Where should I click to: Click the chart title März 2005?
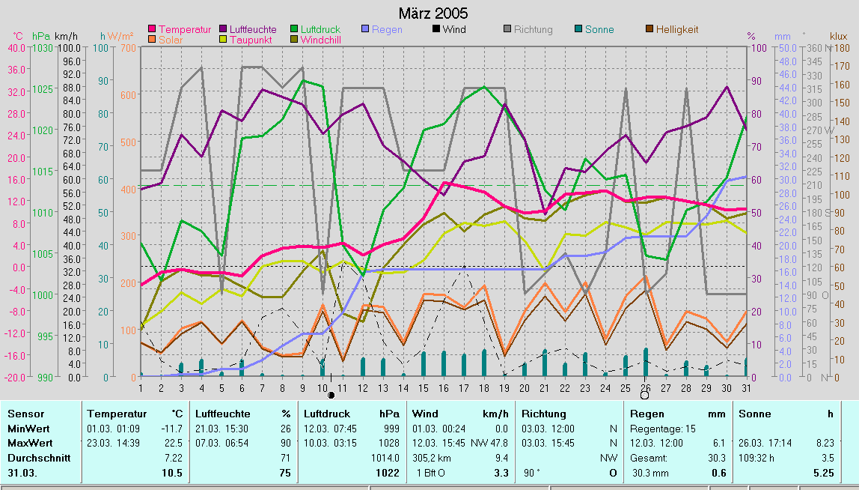(433, 13)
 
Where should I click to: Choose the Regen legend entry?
(387, 29)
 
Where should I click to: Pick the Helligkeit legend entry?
(676, 29)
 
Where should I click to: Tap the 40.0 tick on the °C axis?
(16, 48)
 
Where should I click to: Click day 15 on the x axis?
(424, 388)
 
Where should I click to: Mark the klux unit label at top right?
(839, 35)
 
